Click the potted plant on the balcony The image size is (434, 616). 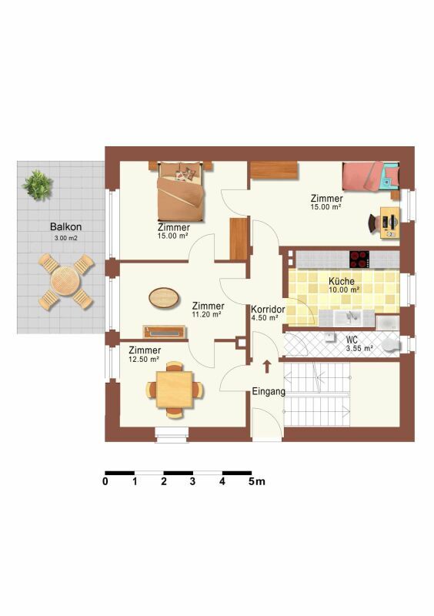pyautogui.click(x=38, y=185)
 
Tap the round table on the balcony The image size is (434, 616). pyautogui.click(x=65, y=281)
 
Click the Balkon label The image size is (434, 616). pyautogui.click(x=65, y=226)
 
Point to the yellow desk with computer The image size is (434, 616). pyautogui.click(x=390, y=223)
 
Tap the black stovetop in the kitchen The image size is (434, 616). pyautogui.click(x=359, y=259)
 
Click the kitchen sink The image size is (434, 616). pyautogui.click(x=351, y=317)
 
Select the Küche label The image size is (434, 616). pyautogui.click(x=342, y=281)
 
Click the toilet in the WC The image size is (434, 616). pyautogui.click(x=390, y=345)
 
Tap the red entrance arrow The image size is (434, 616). pyautogui.click(x=267, y=367)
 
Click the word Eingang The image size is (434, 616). pyautogui.click(x=269, y=392)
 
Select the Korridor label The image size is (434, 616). pyautogui.click(x=268, y=309)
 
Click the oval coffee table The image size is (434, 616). pyautogui.click(x=164, y=297)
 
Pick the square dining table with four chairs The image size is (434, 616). pyautogui.click(x=175, y=390)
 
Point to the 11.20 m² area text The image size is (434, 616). pyautogui.click(x=206, y=315)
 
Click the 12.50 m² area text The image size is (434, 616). pyautogui.click(x=144, y=359)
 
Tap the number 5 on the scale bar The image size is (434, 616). pyautogui.click(x=252, y=481)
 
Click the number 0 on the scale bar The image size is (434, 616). pyautogui.click(x=105, y=481)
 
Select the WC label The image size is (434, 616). pyautogui.click(x=352, y=340)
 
